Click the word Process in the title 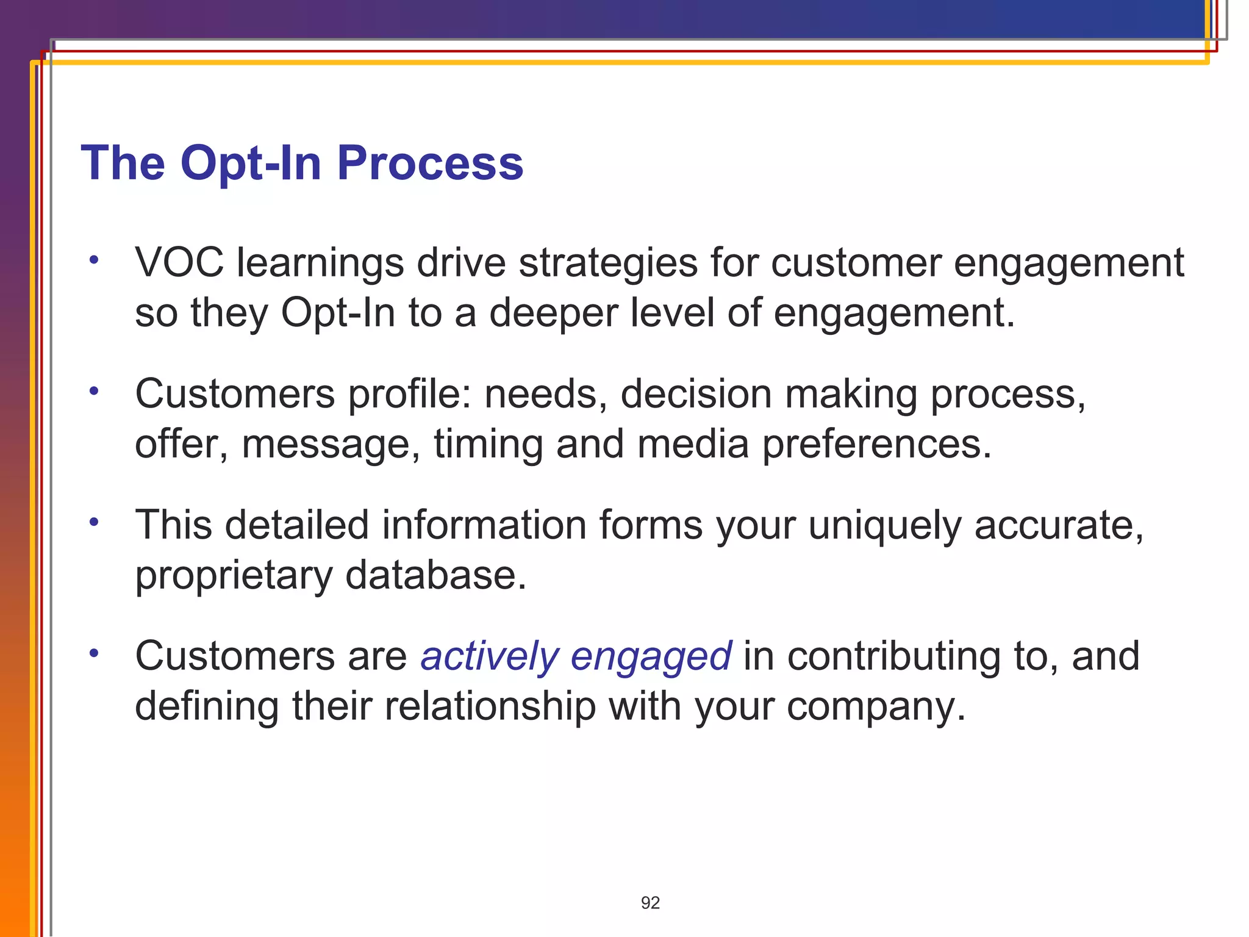pyautogui.click(x=430, y=163)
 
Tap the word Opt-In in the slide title pyautogui.click(x=250, y=163)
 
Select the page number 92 pyautogui.click(x=650, y=903)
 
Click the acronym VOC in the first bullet pyautogui.click(x=179, y=263)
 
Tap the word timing pyautogui.click(x=488, y=444)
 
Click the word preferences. pyautogui.click(x=877, y=444)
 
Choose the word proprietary pyautogui.click(x=234, y=576)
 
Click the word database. pyautogui.click(x=435, y=575)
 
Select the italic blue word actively pyautogui.click(x=489, y=657)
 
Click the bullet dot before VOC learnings pyautogui.click(x=93, y=260)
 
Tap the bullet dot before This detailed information pyautogui.click(x=93, y=522)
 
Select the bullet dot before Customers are pyautogui.click(x=93, y=653)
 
